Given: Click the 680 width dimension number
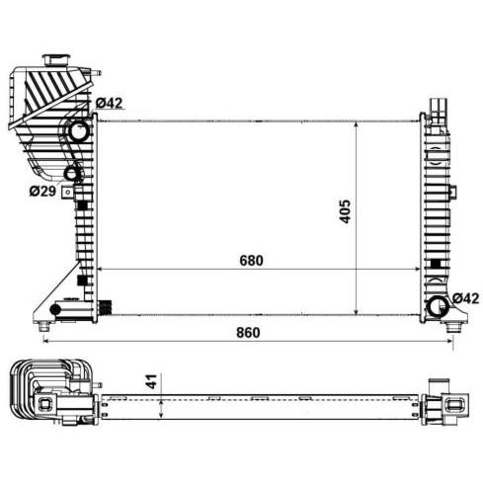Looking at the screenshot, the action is pyautogui.click(x=251, y=261).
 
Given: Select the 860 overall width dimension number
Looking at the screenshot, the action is pyautogui.click(x=248, y=333).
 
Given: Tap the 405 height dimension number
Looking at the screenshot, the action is pyautogui.click(x=346, y=211).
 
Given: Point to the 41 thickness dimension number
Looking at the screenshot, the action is pyautogui.click(x=153, y=380).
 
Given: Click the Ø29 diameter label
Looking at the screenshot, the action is pyautogui.click(x=42, y=191).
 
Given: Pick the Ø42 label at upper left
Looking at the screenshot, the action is pyautogui.click(x=110, y=104).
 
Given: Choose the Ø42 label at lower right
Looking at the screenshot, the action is pyautogui.click(x=465, y=298).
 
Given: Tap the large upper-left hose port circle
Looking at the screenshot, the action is pyautogui.click(x=79, y=130).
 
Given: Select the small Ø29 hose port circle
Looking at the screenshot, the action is pyautogui.click(x=71, y=174).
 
